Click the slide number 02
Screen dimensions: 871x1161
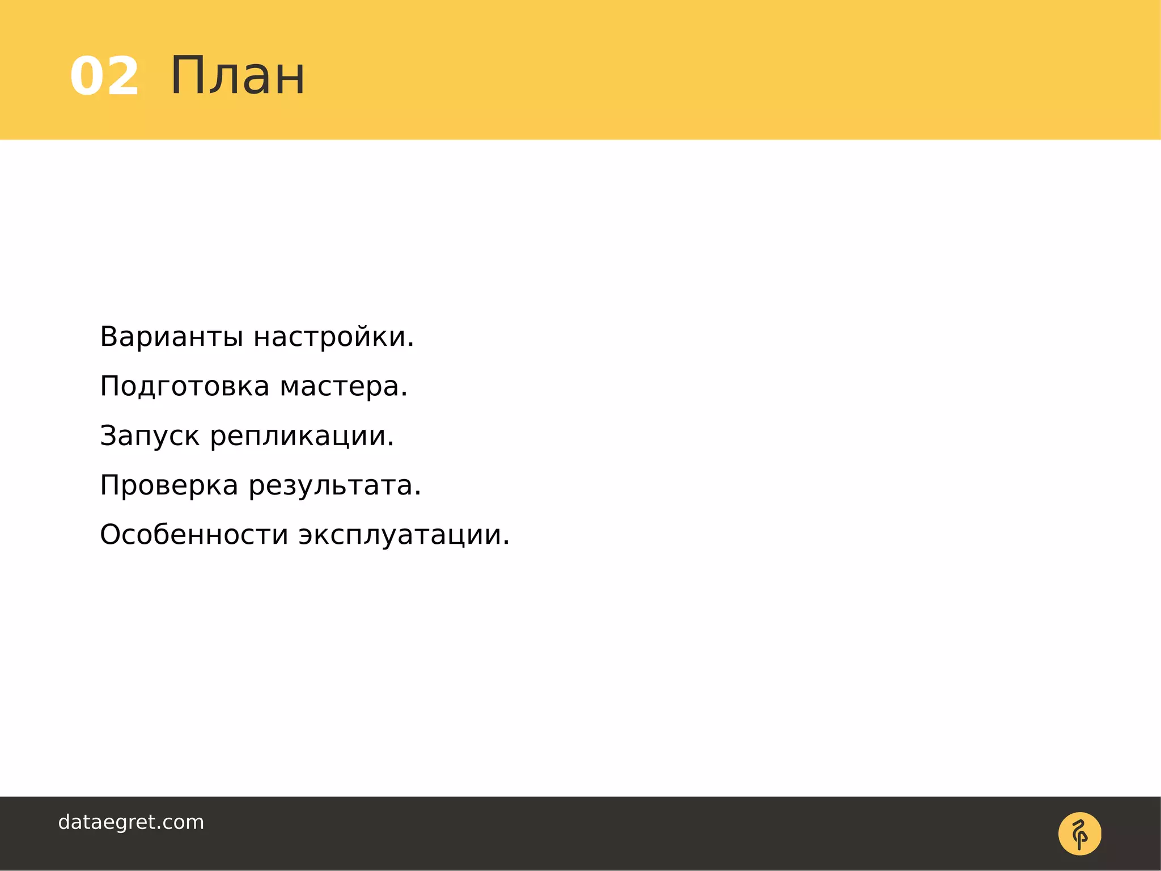pyautogui.click(x=104, y=77)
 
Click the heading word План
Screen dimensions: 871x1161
pyautogui.click(x=237, y=76)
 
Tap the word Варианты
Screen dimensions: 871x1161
pyautogui.click(x=172, y=337)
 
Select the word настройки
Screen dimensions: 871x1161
pyautogui.click(x=330, y=337)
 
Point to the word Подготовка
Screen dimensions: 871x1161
pyautogui.click(x=185, y=387)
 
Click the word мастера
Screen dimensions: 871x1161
pyautogui.click(x=340, y=387)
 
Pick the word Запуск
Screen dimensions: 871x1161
pyautogui.click(x=150, y=436)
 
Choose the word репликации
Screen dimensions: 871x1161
pyautogui.click(x=299, y=436)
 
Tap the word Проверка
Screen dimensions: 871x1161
pyautogui.click(x=169, y=485)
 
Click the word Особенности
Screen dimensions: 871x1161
pyautogui.click(x=194, y=535)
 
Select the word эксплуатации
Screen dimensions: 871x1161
pyautogui.click(x=400, y=535)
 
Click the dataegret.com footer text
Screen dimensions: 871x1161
pyautogui.click(x=131, y=822)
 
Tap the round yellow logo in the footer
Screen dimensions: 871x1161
pyautogui.click(x=1079, y=834)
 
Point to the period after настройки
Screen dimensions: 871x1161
pyautogui.click(x=410, y=346)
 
